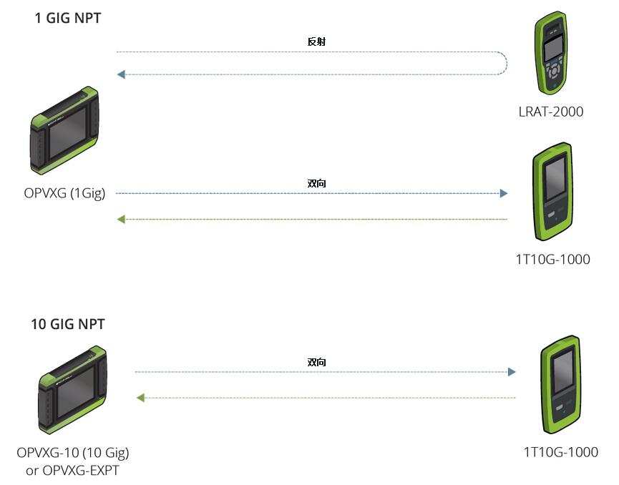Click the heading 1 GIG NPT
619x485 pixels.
(x=67, y=19)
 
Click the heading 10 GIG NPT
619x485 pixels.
(x=67, y=324)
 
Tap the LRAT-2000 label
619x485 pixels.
(x=550, y=112)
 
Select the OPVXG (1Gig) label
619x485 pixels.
(x=64, y=193)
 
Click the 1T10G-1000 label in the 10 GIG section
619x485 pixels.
(x=560, y=451)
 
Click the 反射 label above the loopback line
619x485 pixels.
(x=316, y=41)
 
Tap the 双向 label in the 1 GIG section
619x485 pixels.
(x=316, y=184)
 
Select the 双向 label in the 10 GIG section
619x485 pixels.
(x=316, y=363)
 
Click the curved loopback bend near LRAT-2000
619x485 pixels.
(x=504, y=63)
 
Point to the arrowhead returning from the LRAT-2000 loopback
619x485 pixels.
(x=122, y=74)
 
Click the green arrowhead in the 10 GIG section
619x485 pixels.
(x=140, y=397)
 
